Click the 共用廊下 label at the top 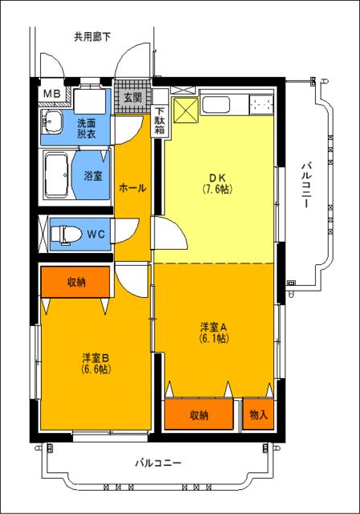tap(92, 35)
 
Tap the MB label tap(51, 95)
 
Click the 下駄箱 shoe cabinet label tap(160, 121)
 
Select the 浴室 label tap(92, 176)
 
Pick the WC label tap(96, 235)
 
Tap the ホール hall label tap(132, 188)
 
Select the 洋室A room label tap(215, 332)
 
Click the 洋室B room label tap(95, 364)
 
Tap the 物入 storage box tap(259, 414)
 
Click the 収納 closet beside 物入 tap(200, 415)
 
